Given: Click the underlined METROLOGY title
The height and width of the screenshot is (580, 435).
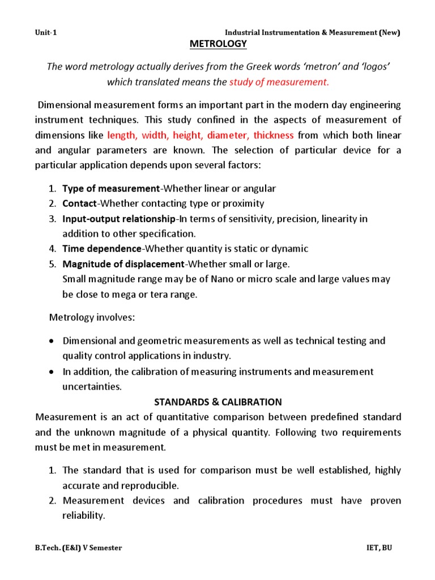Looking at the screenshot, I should [x=218, y=44].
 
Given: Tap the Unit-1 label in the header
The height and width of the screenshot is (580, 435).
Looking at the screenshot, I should [x=46, y=32].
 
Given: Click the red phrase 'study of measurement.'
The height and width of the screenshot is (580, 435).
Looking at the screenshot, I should [x=279, y=82].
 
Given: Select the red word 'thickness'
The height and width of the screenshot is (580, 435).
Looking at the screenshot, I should [x=274, y=135].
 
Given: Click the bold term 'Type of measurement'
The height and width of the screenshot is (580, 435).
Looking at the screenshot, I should [x=111, y=188].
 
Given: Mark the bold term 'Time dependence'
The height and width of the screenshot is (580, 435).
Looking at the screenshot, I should [x=101, y=249].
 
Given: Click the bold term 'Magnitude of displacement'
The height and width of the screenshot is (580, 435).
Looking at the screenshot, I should [x=123, y=264].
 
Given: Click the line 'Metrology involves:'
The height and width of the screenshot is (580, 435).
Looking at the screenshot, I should [x=92, y=317].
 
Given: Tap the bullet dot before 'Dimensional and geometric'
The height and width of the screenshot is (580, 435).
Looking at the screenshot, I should [x=52, y=341].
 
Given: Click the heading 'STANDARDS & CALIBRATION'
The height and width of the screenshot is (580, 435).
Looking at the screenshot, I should [x=218, y=402].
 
